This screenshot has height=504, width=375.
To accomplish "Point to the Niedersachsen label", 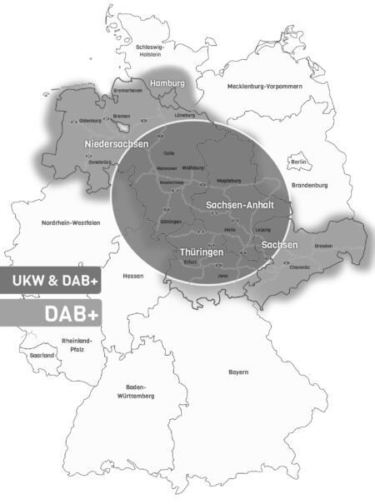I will (x=117, y=145).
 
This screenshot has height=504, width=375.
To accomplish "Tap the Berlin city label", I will (x=297, y=162).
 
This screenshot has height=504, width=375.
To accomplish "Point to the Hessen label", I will (x=132, y=276).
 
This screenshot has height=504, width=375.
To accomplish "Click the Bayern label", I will (x=238, y=372).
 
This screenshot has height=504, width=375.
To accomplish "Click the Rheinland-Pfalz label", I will (x=77, y=345).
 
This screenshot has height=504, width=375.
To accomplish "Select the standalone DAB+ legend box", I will (x=50, y=312).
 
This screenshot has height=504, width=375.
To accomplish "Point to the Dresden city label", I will (x=323, y=247).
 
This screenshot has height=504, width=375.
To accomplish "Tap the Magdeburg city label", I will (x=228, y=180).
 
